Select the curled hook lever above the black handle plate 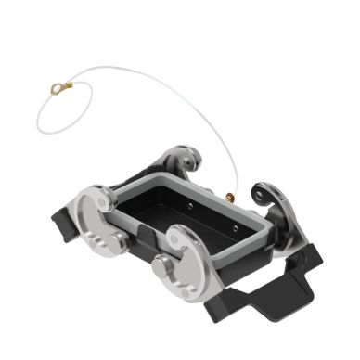coord(269,194)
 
